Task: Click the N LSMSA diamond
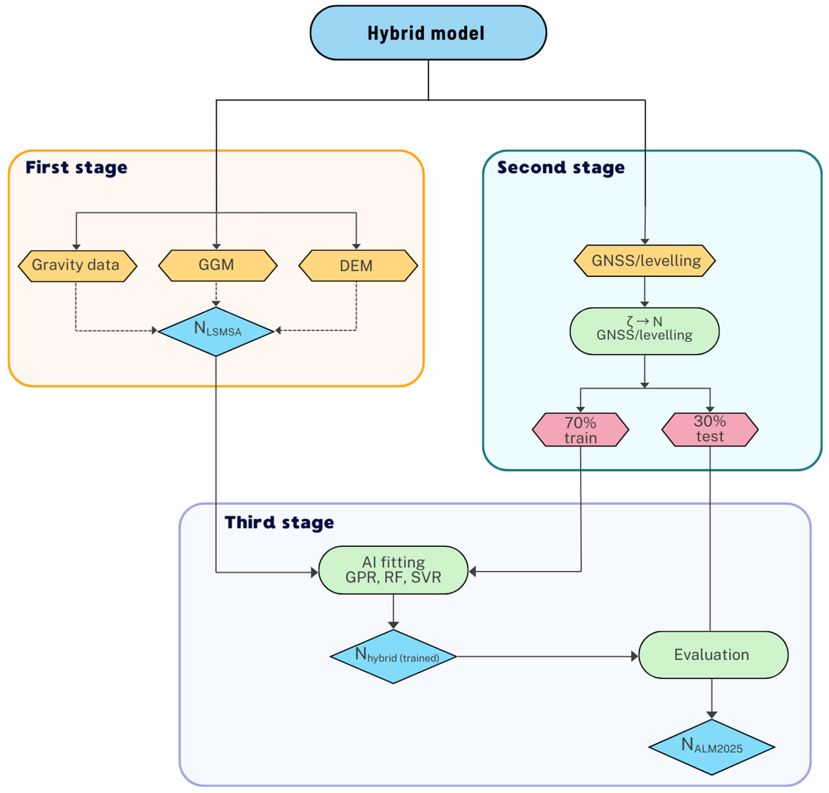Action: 216,331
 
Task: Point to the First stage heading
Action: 76,167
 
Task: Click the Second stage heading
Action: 561,167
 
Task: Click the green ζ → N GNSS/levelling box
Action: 644,331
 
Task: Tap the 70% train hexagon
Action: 580,430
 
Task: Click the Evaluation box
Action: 713,654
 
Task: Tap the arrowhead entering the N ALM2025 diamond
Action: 712,714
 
